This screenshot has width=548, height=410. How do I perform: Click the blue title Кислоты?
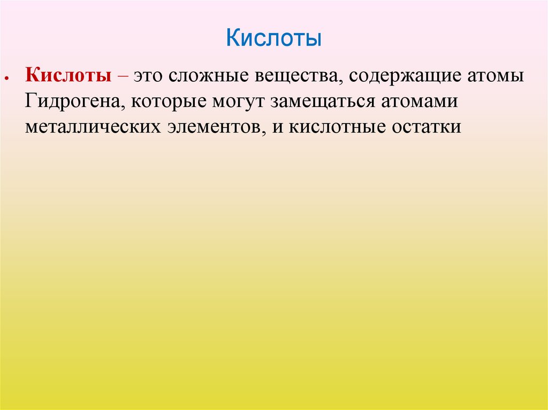coord(273,39)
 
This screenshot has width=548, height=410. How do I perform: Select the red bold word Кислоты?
coord(68,76)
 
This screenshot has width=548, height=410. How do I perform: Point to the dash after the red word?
coord(123,76)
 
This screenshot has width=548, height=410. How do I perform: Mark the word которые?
coord(167,102)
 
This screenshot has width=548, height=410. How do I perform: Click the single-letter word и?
coord(277,127)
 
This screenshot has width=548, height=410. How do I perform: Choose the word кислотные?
coord(335,127)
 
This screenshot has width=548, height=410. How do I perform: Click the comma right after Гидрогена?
coord(124,106)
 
